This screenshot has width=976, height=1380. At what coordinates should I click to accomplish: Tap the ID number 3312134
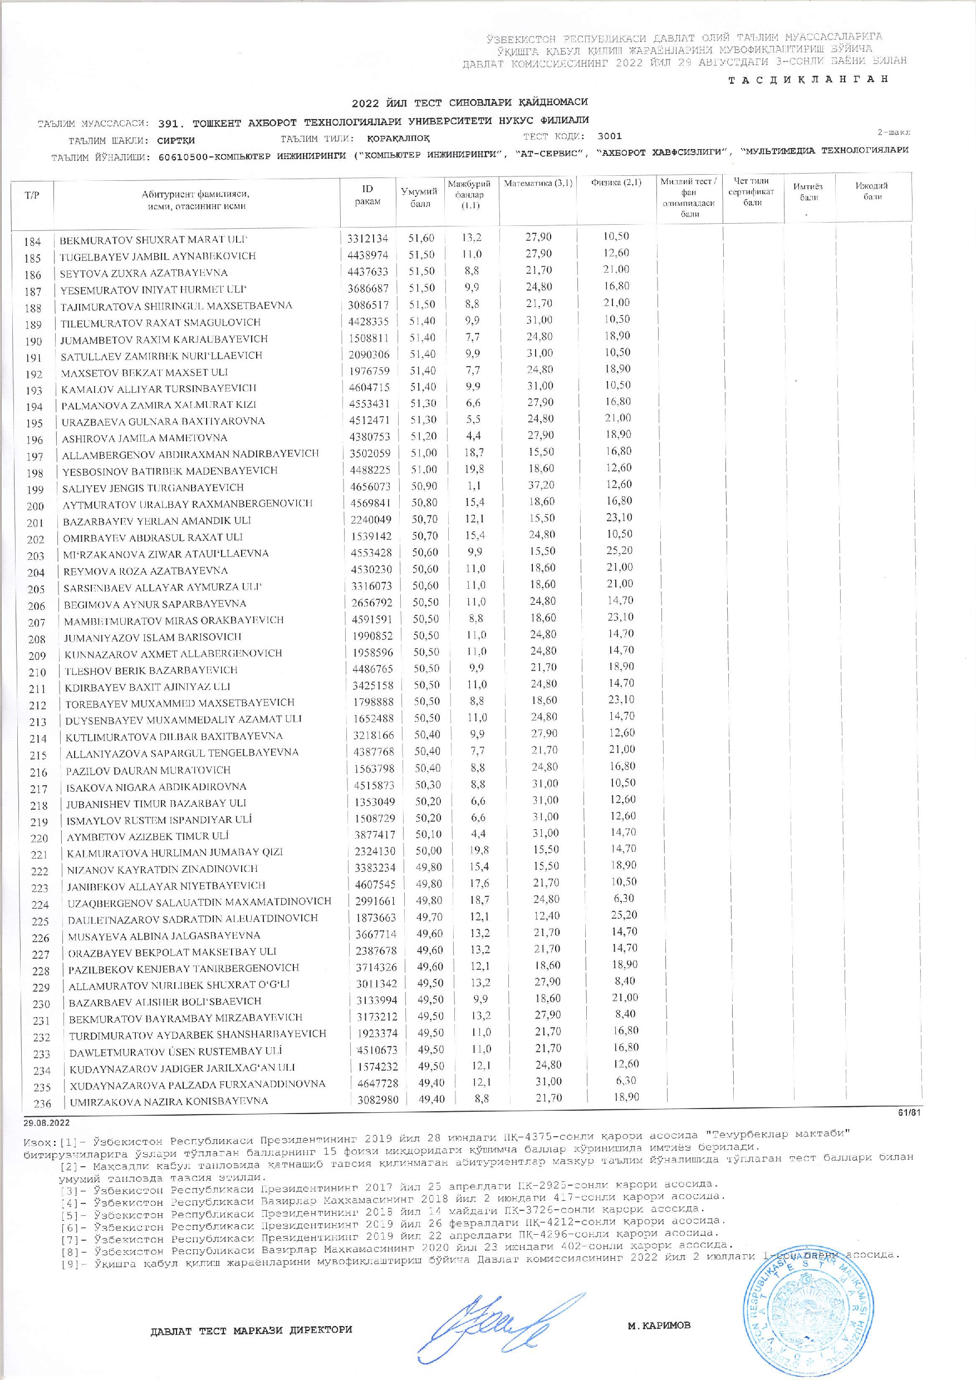pyautogui.click(x=367, y=239)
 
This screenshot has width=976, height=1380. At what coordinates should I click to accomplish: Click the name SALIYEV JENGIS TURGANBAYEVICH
pyautogui.click(x=153, y=487)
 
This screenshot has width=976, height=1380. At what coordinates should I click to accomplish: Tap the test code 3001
pyautogui.click(x=610, y=136)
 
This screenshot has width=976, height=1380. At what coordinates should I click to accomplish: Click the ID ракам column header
pyautogui.click(x=367, y=195)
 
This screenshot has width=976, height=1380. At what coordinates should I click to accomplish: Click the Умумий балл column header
pyautogui.click(x=419, y=197)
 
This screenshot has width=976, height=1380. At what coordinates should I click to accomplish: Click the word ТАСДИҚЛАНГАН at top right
pyautogui.click(x=808, y=80)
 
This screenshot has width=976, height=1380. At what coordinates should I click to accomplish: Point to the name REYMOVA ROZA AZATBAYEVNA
pyautogui.click(x=146, y=570)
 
